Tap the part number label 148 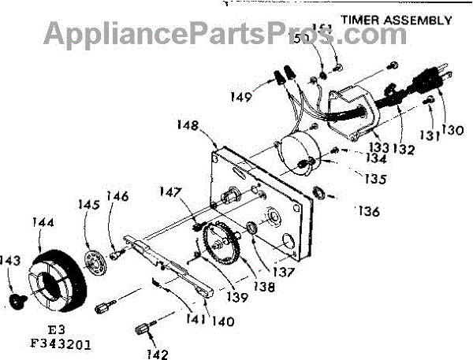(x=189, y=124)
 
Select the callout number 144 (x=45, y=224)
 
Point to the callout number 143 (x=10, y=261)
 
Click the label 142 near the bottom (x=158, y=354)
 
